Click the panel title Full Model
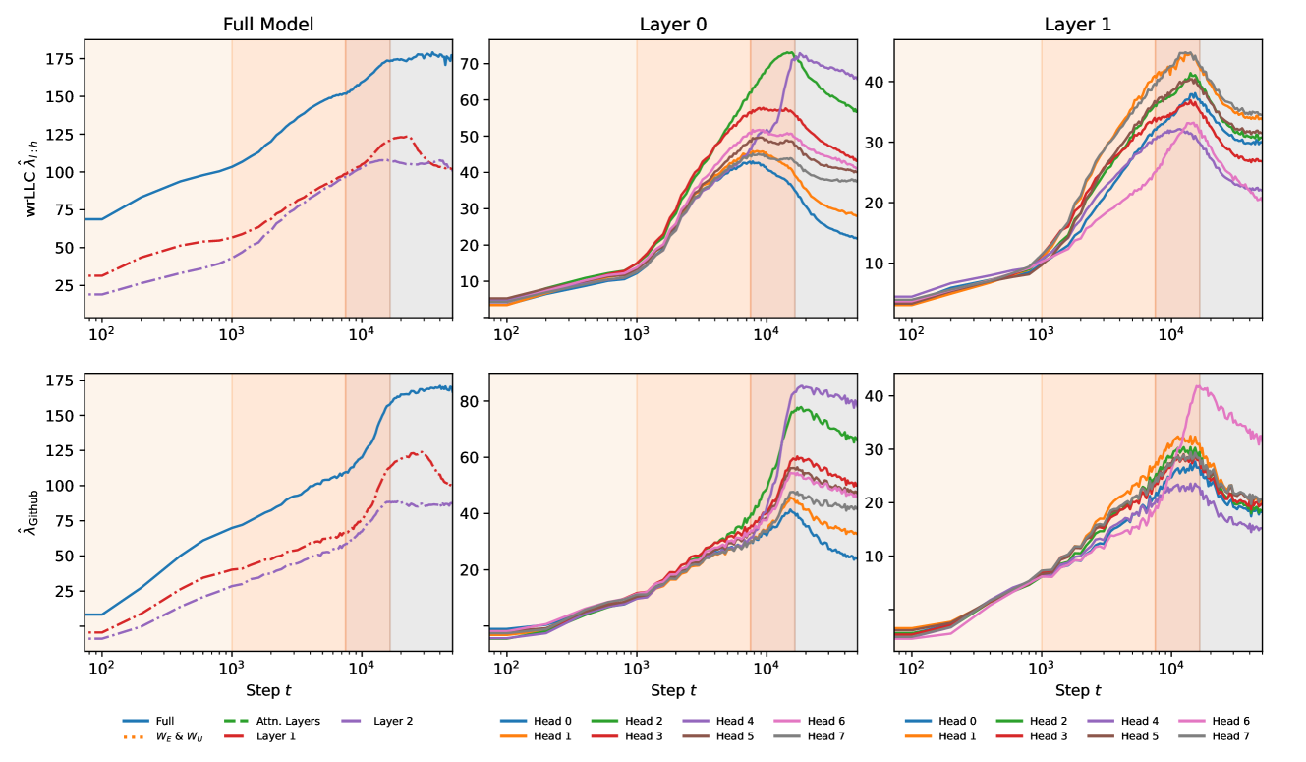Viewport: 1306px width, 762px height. (x=268, y=25)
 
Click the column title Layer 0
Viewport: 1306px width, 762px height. (x=673, y=25)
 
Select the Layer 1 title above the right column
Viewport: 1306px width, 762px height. (x=1078, y=25)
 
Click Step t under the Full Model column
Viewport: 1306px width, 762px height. (x=268, y=690)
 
